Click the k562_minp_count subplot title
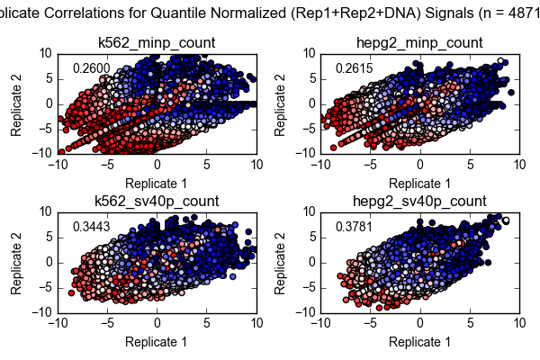click(x=157, y=42)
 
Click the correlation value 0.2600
click(x=91, y=69)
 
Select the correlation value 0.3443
click(x=91, y=228)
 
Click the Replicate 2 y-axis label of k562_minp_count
click(x=18, y=103)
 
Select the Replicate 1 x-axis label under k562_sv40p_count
click(x=157, y=342)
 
